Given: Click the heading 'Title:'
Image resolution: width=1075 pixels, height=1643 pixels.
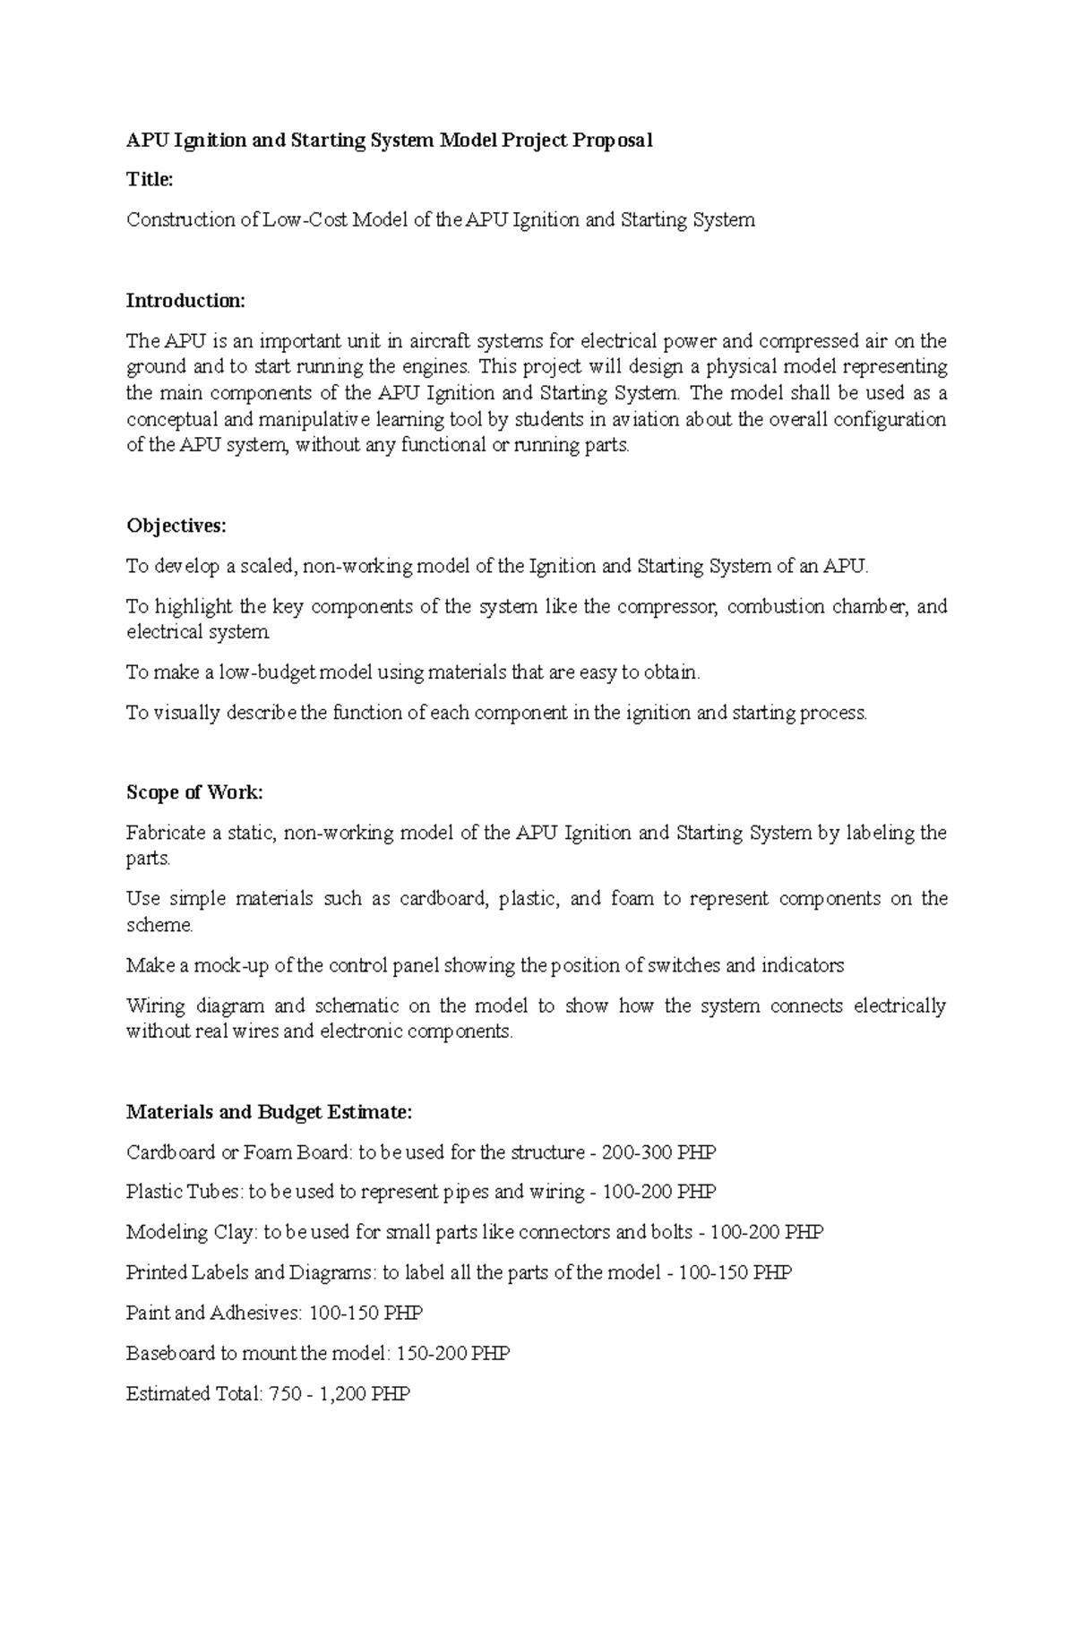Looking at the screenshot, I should pyautogui.click(x=149, y=180).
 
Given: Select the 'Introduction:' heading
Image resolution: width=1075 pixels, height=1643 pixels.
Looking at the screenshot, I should pyautogui.click(x=185, y=301).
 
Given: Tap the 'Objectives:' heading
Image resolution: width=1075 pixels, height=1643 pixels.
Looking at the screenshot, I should pyautogui.click(x=176, y=526).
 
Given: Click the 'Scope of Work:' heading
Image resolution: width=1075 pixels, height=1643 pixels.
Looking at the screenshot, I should pyautogui.click(x=194, y=792).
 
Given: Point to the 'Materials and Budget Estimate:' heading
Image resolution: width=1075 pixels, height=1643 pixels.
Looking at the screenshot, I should pyautogui.click(x=269, y=1112).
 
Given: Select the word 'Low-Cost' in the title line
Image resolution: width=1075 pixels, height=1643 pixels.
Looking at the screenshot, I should pyautogui.click(x=305, y=220).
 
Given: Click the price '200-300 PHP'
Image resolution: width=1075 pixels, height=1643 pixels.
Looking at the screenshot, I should pyautogui.click(x=658, y=1152).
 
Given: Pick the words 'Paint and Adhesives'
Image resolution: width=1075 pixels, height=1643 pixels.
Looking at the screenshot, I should pyautogui.click(x=213, y=1314).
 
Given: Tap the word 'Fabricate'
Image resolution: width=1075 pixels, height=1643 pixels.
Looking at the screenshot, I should pyautogui.click(x=167, y=834).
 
